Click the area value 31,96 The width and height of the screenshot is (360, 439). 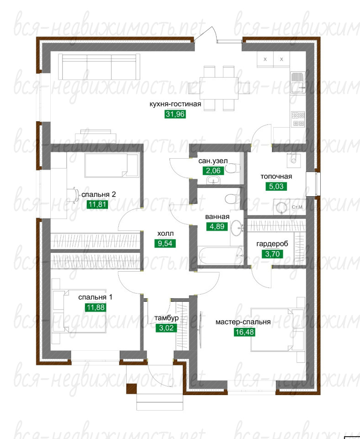click(x=175, y=114)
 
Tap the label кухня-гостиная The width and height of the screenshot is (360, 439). click(x=175, y=104)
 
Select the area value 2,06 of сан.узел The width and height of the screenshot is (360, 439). click(x=213, y=171)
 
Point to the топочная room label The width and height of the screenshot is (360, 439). click(x=276, y=177)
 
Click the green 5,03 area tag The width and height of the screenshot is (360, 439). click(x=276, y=187)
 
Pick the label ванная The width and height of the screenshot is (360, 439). click(x=217, y=217)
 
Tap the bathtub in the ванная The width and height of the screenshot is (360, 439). click(x=220, y=256)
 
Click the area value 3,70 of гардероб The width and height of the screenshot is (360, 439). click(x=272, y=254)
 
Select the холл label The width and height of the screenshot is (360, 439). click(x=165, y=234)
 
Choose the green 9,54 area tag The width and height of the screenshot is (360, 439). click(x=165, y=243)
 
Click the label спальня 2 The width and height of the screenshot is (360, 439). click(x=99, y=194)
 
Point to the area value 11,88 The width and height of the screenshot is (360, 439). click(x=95, y=307)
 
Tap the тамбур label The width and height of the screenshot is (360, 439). click(x=166, y=318)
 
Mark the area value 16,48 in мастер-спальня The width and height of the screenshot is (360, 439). click(x=244, y=332)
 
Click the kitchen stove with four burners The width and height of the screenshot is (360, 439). click(x=298, y=119)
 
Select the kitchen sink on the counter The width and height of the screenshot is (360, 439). click(x=298, y=83)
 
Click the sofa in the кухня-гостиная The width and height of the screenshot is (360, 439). click(x=99, y=67)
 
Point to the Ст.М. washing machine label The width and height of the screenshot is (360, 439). click(x=297, y=207)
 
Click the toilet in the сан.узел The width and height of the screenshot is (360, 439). click(x=233, y=169)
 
